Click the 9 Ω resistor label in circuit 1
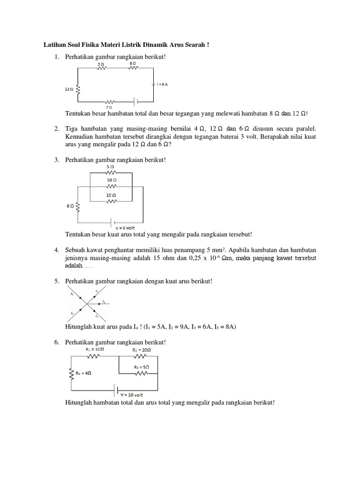click(x=101, y=63)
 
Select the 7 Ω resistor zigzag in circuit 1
click(x=111, y=101)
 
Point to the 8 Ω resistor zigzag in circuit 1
click(x=133, y=68)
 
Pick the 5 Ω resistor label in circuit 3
click(x=111, y=166)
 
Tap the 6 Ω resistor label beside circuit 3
click(x=69, y=205)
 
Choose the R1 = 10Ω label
click(x=93, y=349)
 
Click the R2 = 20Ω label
click(x=142, y=349)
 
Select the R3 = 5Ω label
click(x=142, y=367)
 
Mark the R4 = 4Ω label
click(x=83, y=374)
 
